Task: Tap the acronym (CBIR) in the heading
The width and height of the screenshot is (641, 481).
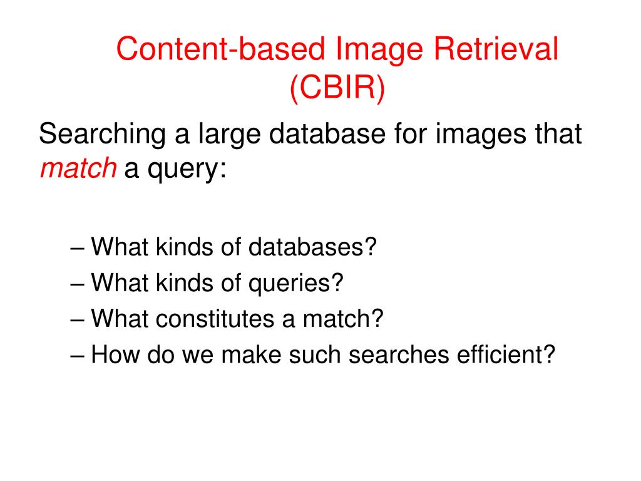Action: (x=337, y=88)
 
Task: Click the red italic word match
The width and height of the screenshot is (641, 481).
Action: (x=78, y=168)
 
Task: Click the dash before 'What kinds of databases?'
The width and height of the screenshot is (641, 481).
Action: (x=78, y=247)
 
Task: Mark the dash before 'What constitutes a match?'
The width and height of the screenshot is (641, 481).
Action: (x=78, y=319)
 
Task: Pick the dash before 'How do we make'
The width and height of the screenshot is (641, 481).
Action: (x=78, y=355)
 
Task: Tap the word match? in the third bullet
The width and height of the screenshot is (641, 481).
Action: (x=343, y=319)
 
